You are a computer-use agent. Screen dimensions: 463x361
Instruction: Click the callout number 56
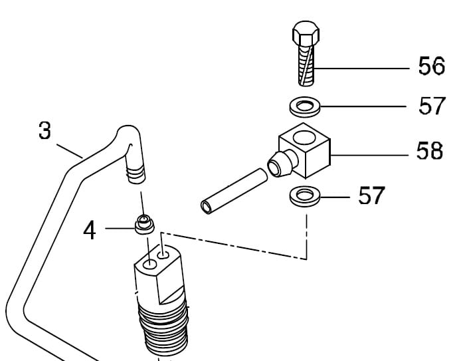tap(431, 65)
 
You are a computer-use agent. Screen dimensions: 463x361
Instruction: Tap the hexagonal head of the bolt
tap(306, 33)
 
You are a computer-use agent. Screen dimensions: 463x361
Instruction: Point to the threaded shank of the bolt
tap(306, 66)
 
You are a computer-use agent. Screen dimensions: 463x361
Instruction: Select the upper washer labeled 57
tap(305, 106)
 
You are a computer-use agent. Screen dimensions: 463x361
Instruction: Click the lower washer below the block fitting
tap(305, 196)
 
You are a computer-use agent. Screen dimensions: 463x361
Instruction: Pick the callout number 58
tap(430, 151)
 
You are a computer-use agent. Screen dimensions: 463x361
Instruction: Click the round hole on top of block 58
tap(304, 138)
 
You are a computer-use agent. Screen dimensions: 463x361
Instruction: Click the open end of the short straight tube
tap(206, 207)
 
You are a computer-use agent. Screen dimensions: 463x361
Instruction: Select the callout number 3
tap(45, 130)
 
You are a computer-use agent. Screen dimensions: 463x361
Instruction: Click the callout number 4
tap(90, 231)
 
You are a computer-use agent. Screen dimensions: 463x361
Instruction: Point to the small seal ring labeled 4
tap(144, 225)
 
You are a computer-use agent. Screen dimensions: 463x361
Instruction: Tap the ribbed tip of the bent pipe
tap(136, 174)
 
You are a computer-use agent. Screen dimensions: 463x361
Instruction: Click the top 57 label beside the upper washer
tap(432, 106)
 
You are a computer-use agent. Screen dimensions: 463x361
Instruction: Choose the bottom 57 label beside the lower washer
tap(371, 195)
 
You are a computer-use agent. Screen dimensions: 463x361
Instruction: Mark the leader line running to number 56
tap(362, 68)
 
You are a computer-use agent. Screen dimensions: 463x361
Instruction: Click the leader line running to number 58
tap(369, 155)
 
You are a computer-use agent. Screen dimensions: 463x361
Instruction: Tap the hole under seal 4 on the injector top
tap(149, 264)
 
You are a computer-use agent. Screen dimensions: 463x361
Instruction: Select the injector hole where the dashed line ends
tap(163, 255)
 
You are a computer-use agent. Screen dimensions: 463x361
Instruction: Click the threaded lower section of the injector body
tap(163, 326)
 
